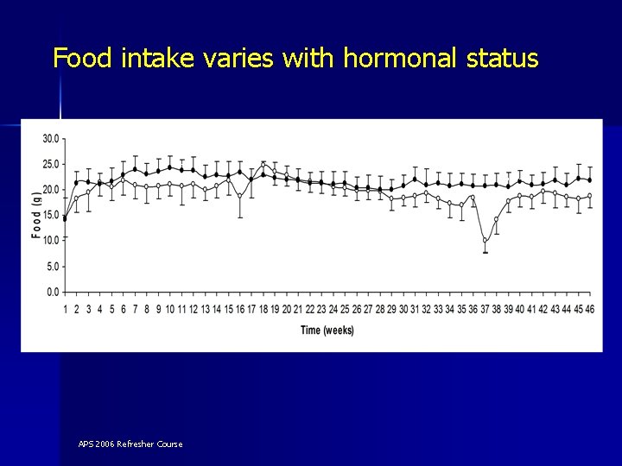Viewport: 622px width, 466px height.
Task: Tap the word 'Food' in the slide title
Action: (85, 58)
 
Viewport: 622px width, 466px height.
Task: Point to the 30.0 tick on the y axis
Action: (51, 138)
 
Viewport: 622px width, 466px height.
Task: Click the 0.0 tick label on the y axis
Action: (54, 293)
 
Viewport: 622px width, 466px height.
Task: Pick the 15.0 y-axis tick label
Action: (51, 215)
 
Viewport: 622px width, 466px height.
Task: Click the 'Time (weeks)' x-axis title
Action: (327, 330)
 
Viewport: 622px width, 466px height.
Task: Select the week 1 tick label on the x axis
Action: (65, 308)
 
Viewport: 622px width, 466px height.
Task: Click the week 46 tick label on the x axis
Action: (589, 308)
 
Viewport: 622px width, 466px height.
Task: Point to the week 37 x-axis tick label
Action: (485, 308)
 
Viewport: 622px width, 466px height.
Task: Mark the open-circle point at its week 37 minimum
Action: (485, 241)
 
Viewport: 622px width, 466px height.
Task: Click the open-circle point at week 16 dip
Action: (240, 196)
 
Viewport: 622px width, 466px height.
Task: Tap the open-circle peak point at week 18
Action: (263, 163)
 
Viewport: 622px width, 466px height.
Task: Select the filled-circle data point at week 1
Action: (65, 218)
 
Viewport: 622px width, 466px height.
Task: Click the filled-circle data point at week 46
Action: (589, 179)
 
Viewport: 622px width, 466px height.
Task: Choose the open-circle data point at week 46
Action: (589, 196)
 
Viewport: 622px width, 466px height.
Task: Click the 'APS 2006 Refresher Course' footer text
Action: (130, 444)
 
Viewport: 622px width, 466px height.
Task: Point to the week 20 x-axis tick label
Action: (286, 308)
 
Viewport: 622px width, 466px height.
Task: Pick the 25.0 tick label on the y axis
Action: (51, 164)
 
